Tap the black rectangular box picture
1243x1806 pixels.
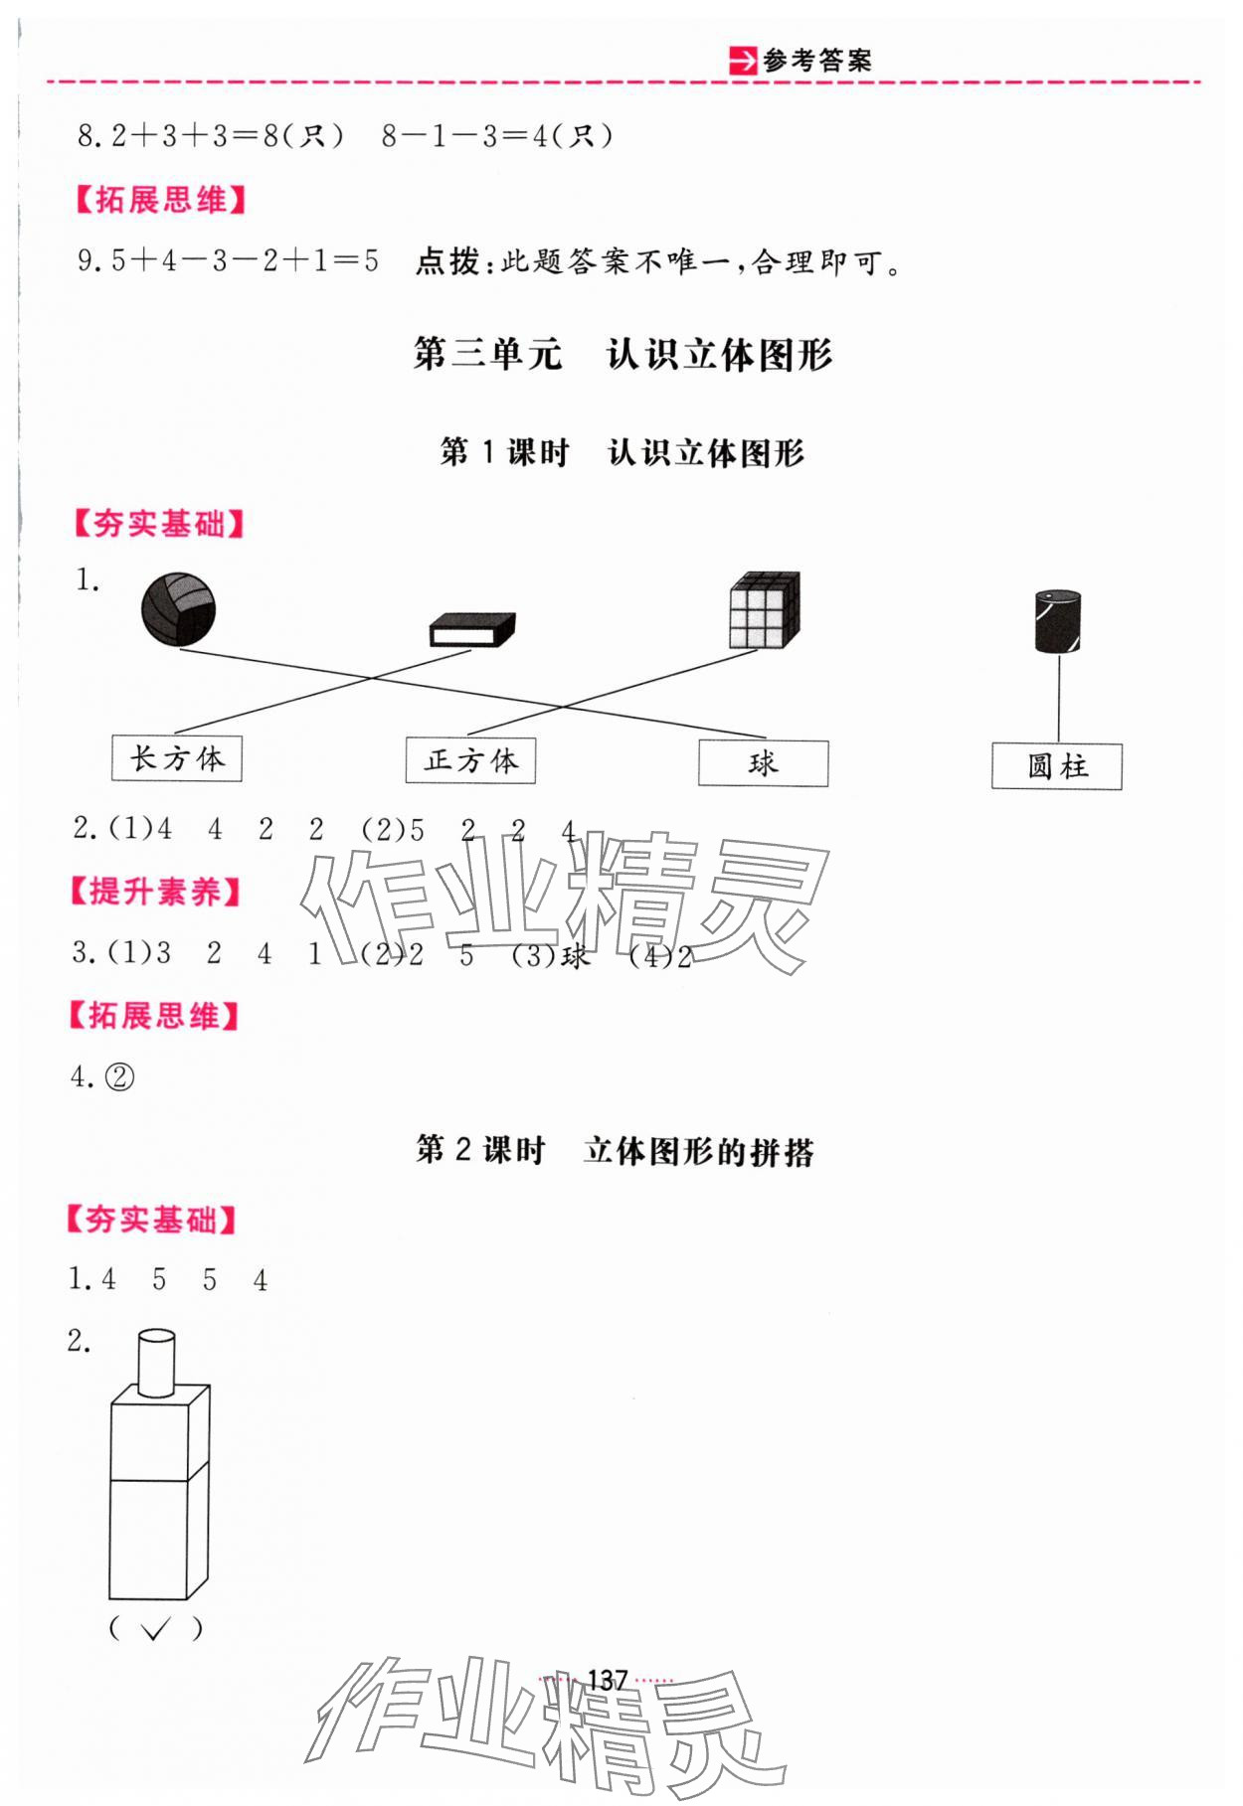471,630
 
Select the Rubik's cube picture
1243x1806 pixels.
764,610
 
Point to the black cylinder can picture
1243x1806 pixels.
1057,622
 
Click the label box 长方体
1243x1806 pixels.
177,759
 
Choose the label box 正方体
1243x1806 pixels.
470,761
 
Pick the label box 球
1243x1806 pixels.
763,763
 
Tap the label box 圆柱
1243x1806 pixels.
1056,766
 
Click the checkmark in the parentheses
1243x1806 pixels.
154,1628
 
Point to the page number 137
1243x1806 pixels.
607,1680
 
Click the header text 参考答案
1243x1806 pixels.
817,62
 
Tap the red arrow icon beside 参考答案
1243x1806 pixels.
742,62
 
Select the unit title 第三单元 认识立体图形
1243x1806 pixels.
622,355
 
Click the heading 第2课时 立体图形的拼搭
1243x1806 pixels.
615,1151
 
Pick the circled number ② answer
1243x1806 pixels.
119,1077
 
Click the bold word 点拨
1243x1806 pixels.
446,262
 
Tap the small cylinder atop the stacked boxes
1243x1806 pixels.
155,1362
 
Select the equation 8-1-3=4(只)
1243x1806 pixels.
498,136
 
